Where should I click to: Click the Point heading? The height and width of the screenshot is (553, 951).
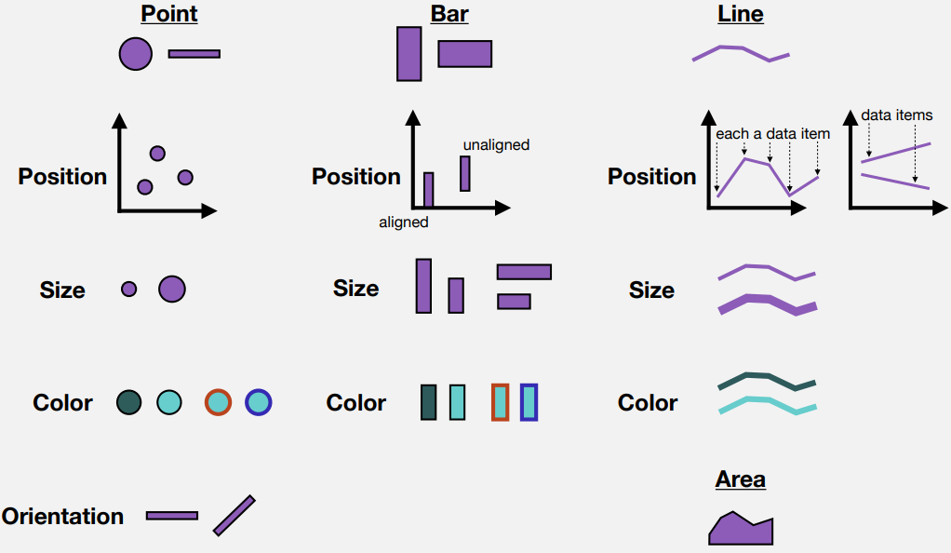click(x=169, y=13)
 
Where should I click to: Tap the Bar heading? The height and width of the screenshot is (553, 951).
click(x=449, y=13)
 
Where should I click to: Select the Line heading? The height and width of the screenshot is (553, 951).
click(x=741, y=13)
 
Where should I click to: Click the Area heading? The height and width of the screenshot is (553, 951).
click(x=741, y=479)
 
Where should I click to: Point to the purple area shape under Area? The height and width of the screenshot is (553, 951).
click(x=740, y=531)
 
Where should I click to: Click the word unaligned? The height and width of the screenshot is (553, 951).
click(x=496, y=145)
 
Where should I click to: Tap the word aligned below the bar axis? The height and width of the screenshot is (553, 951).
click(x=403, y=223)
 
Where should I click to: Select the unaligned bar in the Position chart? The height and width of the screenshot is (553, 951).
click(x=465, y=173)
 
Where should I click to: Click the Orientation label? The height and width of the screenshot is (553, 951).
click(x=62, y=516)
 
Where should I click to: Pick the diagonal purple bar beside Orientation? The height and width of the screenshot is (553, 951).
click(x=234, y=516)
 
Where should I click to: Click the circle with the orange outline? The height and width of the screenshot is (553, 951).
click(x=218, y=402)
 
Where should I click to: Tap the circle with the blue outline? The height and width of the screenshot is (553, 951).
click(x=259, y=402)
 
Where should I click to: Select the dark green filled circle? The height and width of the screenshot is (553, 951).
click(x=128, y=402)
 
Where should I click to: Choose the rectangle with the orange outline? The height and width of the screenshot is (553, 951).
click(x=501, y=402)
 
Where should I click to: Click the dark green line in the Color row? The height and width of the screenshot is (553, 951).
click(x=767, y=381)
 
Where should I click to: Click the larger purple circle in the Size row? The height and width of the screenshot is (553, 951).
click(x=171, y=289)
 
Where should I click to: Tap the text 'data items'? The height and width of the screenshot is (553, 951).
click(x=896, y=115)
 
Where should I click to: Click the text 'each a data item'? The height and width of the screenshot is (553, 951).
click(x=772, y=133)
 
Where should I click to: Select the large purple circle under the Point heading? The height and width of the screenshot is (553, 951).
click(x=135, y=54)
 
